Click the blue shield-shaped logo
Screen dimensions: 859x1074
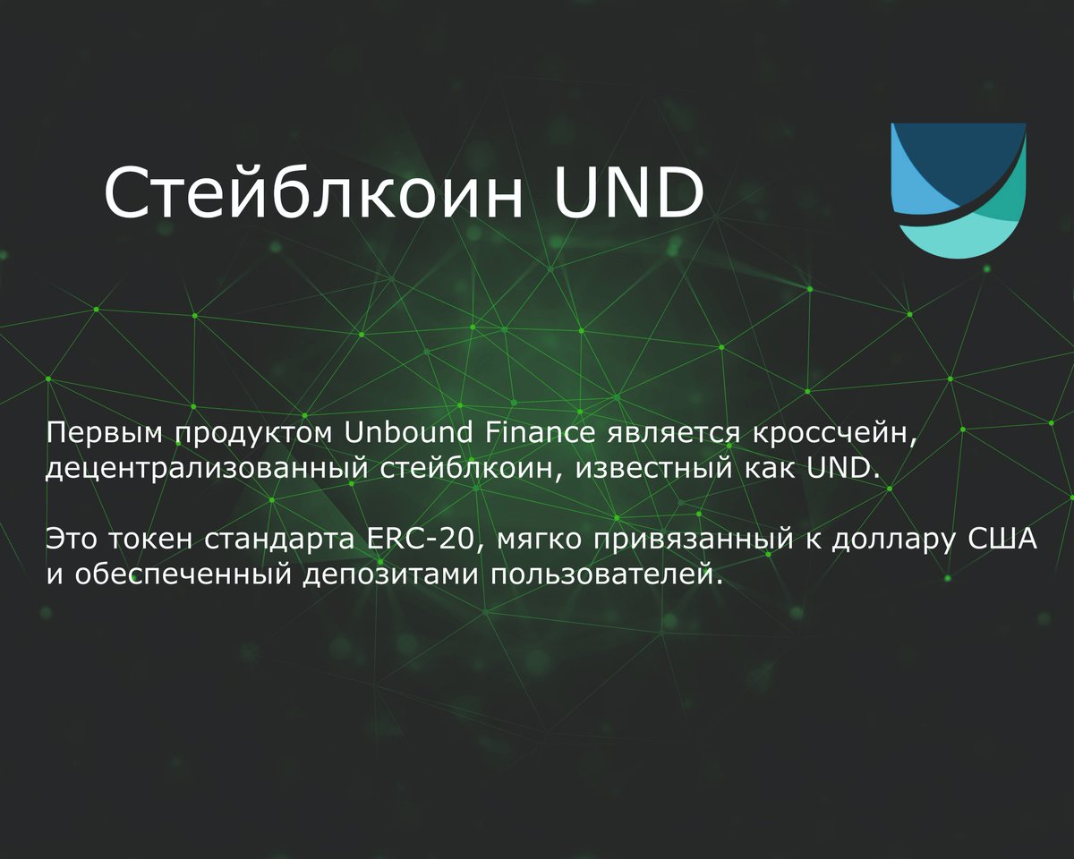pyautogui.click(x=959, y=190)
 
